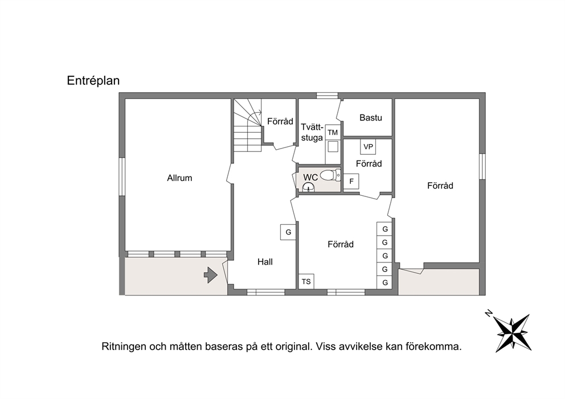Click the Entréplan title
(x=93, y=81)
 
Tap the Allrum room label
(x=179, y=178)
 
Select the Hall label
(x=265, y=262)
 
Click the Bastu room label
(x=371, y=117)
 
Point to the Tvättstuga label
(x=312, y=132)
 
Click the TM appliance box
(x=333, y=132)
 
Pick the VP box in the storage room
(x=368, y=147)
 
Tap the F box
(x=351, y=182)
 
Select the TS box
(x=306, y=281)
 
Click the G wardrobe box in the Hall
(x=288, y=232)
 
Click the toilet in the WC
(x=330, y=175)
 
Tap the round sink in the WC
(x=309, y=187)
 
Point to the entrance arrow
(x=211, y=275)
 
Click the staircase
(x=248, y=125)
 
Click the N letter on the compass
(x=489, y=313)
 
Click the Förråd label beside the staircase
(x=280, y=121)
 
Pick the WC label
(x=310, y=177)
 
